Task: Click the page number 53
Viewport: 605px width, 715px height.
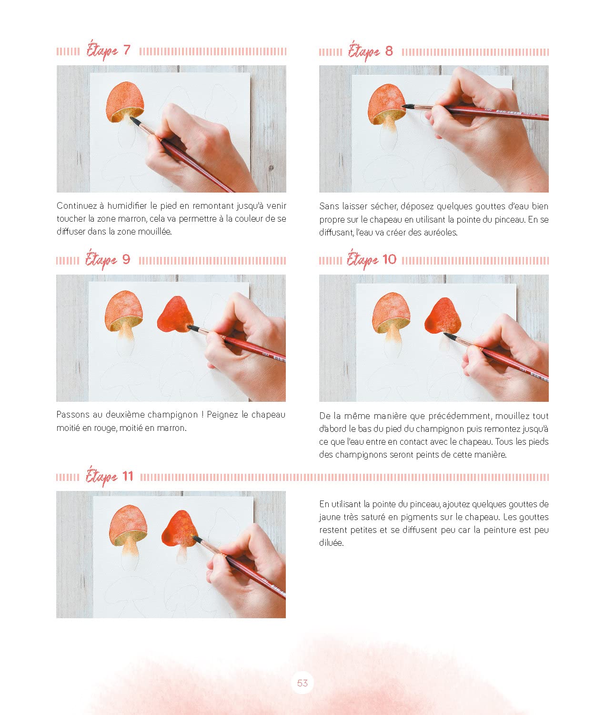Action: (302, 683)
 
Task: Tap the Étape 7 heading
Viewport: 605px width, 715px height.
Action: (108, 51)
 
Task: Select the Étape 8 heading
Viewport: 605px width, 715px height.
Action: (370, 51)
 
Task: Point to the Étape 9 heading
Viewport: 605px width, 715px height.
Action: (108, 260)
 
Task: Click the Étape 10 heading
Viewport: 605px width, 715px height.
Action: (372, 260)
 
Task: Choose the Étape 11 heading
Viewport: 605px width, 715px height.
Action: (110, 477)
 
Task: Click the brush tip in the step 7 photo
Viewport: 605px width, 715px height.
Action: (131, 119)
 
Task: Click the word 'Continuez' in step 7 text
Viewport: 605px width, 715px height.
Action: (76, 206)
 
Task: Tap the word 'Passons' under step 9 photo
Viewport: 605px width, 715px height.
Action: (72, 414)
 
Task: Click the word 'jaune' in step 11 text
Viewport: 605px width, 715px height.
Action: (330, 518)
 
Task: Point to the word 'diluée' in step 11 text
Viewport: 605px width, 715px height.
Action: (331, 543)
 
